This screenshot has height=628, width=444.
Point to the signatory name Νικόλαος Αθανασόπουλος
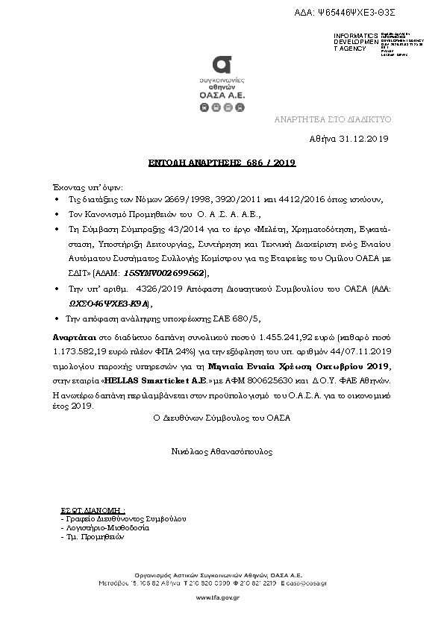(221, 451)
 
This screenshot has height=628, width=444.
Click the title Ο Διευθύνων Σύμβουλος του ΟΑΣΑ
(221, 418)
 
